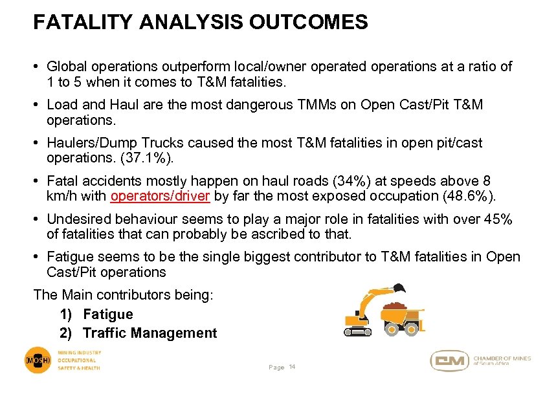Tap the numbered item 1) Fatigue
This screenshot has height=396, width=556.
click(96, 314)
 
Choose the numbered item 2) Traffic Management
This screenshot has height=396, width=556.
click(138, 333)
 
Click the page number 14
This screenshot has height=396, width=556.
click(292, 366)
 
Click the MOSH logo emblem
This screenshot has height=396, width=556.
click(38, 360)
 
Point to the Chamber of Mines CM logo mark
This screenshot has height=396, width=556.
click(449, 361)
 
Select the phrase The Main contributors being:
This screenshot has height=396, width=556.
click(124, 295)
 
